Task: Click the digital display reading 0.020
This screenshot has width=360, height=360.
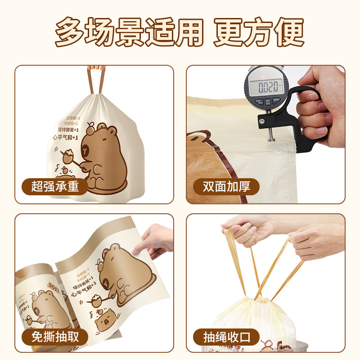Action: pyautogui.click(x=265, y=86)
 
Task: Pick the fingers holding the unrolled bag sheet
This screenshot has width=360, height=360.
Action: pyautogui.click(x=155, y=241)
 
